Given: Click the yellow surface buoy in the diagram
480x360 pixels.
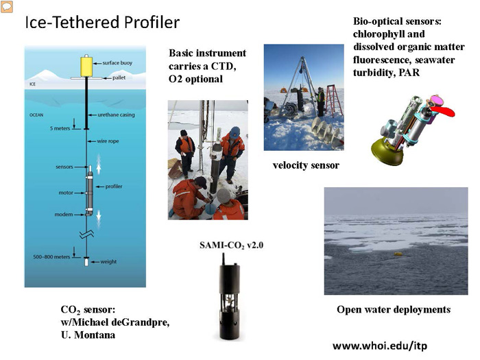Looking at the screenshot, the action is (86, 66).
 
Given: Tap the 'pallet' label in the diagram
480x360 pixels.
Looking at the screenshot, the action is (119, 77).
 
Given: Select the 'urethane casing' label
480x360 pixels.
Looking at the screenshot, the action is (116, 115).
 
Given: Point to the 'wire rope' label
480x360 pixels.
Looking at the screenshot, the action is (108, 141).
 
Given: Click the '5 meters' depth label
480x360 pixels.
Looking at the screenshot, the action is (60, 128).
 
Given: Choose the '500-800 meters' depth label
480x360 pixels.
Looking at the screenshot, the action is (51, 257).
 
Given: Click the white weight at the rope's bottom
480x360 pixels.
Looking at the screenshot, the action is (86, 262).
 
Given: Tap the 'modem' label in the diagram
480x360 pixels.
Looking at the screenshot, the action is (64, 214).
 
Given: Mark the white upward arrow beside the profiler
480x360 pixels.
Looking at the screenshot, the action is (99, 165).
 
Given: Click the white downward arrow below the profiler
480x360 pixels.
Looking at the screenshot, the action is (99, 219).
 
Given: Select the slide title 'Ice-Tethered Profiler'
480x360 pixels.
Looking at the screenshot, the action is (102, 23).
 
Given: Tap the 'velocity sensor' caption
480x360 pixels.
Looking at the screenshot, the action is (306, 165).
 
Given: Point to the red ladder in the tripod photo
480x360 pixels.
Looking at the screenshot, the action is (333, 100).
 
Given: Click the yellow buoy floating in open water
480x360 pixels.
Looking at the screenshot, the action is (398, 254).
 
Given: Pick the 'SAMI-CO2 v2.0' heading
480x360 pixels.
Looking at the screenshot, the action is (232, 245).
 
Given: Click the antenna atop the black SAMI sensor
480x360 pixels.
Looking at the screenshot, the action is (224, 259).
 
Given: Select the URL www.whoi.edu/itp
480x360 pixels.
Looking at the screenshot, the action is (380, 346).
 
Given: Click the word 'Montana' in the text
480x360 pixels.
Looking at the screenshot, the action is (95, 335).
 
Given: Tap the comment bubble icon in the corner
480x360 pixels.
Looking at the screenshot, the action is (7, 7).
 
